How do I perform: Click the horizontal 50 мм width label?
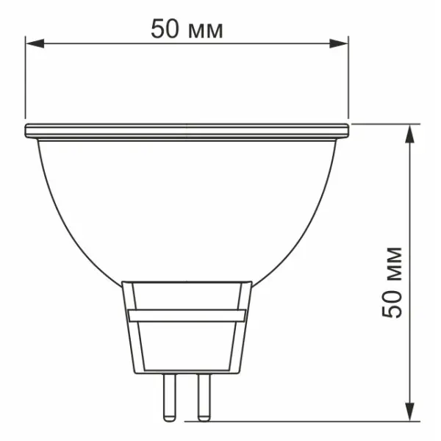[187, 29]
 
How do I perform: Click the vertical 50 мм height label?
[394, 282]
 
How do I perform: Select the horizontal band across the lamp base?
[187, 315]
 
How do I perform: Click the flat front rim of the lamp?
[187, 132]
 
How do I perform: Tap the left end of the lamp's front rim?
[28, 132]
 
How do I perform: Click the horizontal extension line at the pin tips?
[294, 421]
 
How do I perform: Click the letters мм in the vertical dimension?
[394, 261]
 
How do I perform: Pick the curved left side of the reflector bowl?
[62, 213]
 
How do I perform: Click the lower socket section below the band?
[187, 345]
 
